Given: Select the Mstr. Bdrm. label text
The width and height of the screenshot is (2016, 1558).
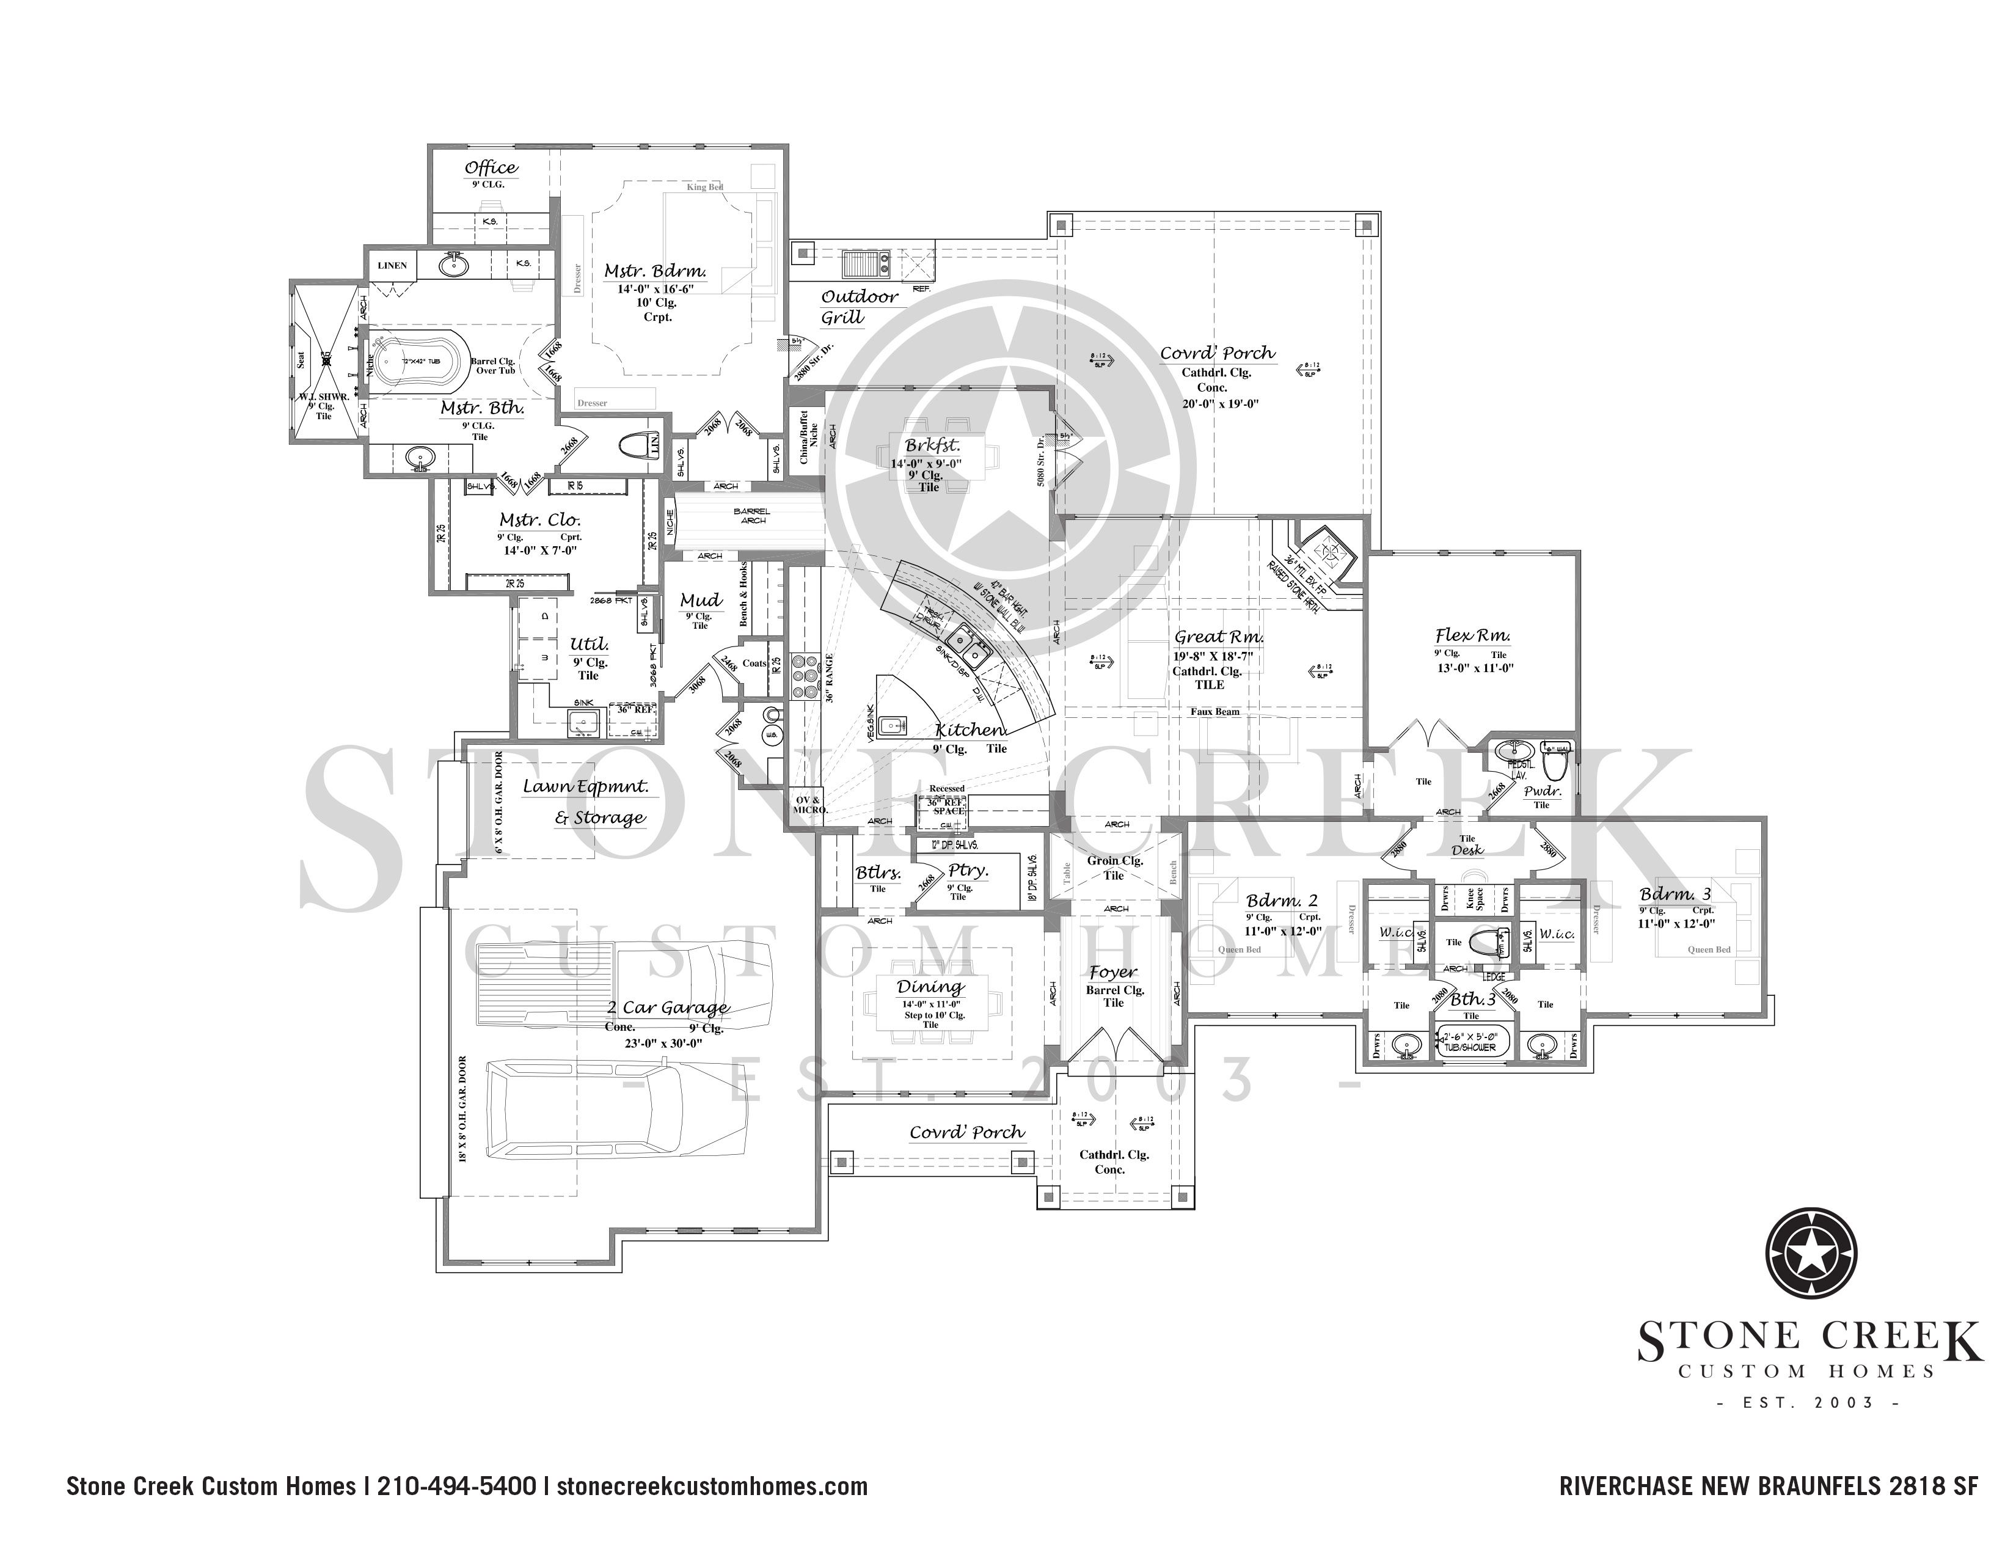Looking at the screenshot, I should point(656,271).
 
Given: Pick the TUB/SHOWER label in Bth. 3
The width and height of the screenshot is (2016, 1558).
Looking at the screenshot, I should point(1472,1048).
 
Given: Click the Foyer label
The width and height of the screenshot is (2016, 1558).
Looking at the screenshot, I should point(1112,973).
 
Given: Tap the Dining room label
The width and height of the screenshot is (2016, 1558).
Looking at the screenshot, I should point(930,987).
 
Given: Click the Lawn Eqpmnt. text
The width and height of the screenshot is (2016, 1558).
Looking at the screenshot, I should point(585,788).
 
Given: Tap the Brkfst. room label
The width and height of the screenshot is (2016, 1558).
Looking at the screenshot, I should point(932,447).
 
